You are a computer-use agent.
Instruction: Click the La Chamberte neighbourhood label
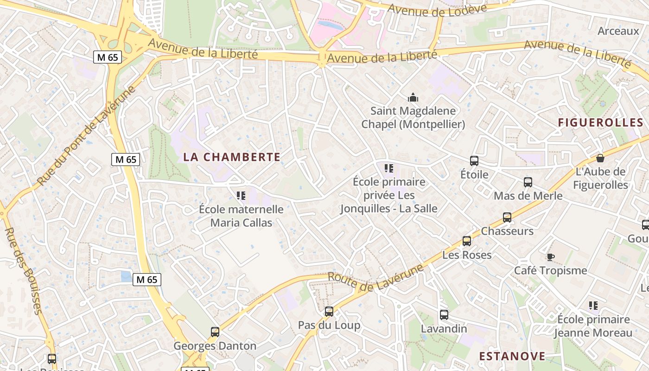pyautogui.click(x=232, y=157)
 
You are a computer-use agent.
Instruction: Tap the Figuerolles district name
pyautogui.click(x=600, y=123)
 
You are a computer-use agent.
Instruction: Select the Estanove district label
pyautogui.click(x=512, y=356)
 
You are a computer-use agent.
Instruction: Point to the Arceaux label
pyautogui.click(x=618, y=31)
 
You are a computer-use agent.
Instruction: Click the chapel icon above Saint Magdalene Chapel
pyautogui.click(x=413, y=97)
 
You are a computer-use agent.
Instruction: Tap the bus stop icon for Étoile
pyautogui.click(x=474, y=161)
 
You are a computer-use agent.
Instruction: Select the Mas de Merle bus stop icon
pyautogui.click(x=528, y=182)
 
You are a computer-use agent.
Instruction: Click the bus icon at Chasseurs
pyautogui.click(x=507, y=217)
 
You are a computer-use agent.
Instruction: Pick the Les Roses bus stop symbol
pyautogui.click(x=467, y=241)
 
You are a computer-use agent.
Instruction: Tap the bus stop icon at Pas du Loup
pyautogui.click(x=329, y=312)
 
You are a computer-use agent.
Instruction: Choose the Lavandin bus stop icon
pyautogui.click(x=444, y=315)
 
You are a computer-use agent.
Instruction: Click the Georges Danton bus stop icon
pyautogui.click(x=215, y=332)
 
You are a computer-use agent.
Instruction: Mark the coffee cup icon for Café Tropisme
pyautogui.click(x=550, y=257)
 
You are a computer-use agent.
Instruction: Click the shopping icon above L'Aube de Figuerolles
pyautogui.click(x=600, y=158)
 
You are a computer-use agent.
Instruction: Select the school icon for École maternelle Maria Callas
pyautogui.click(x=241, y=196)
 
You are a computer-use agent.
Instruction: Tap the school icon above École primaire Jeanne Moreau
pyautogui.click(x=593, y=306)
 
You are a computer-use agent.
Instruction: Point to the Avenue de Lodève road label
pyautogui.click(x=437, y=10)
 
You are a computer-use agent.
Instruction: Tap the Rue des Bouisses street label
pyautogui.click(x=24, y=271)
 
